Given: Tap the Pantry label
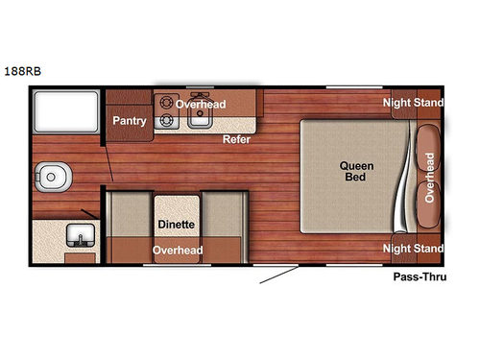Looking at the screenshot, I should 129,121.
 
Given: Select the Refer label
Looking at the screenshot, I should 237,138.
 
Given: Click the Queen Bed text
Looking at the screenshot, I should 356,171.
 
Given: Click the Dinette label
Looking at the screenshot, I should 176,225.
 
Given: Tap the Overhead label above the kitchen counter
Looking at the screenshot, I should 201,104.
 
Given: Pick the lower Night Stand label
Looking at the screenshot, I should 413,248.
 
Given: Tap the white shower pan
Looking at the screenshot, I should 64,112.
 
